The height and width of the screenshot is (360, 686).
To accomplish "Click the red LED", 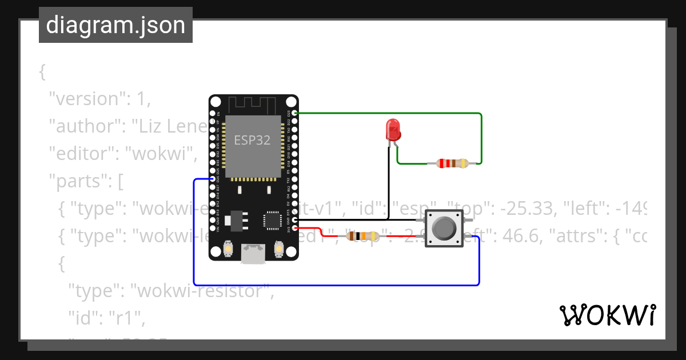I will coord(393,130).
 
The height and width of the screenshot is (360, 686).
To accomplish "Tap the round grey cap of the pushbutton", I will coord(444,229).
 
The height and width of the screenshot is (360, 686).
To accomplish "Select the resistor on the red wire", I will coord(362,235).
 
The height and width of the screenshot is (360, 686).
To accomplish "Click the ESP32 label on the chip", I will coord(252,139).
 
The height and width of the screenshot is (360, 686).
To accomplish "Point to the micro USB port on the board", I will coord(253,254).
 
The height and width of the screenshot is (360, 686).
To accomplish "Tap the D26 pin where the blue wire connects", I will coord(213,179).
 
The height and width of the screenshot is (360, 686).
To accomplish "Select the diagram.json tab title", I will coord(115,26).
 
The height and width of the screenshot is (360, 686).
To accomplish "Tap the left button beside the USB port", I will coord(228,249).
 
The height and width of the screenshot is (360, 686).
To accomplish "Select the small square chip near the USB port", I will coord(272,220).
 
